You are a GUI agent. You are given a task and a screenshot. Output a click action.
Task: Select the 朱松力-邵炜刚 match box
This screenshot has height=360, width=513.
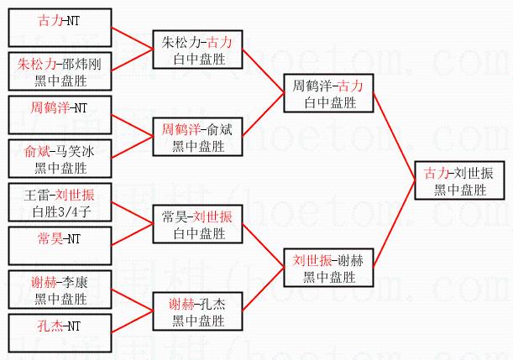point(60,71)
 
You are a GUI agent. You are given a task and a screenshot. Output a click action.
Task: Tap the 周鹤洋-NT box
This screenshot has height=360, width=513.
point(60,115)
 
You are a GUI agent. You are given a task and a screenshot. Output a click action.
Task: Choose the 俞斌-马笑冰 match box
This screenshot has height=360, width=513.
point(60,159)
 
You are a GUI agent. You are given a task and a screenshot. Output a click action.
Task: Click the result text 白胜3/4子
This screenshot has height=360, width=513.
point(60,211)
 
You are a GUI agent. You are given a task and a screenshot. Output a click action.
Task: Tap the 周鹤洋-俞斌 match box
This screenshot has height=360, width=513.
point(197,138)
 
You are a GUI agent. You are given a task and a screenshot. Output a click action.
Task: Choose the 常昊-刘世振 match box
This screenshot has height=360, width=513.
point(197,225)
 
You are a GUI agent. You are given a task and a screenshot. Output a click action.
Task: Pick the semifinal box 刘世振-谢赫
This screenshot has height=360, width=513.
point(328,267)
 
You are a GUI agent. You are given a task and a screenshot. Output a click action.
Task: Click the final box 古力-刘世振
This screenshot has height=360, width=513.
point(459,180)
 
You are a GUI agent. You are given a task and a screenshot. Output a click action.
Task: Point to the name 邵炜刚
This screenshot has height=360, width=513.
point(81,64)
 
